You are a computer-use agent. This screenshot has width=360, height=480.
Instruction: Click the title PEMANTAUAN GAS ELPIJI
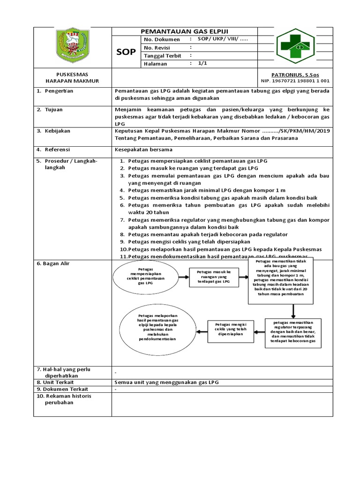pyautogui.click(x=185, y=30)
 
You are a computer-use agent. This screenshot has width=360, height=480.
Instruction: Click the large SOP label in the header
pyautogui.click(x=126, y=52)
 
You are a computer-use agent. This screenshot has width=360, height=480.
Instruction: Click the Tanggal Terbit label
pyautogui.click(x=163, y=56)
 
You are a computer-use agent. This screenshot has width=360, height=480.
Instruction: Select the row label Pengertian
pyautogui.click(x=59, y=91)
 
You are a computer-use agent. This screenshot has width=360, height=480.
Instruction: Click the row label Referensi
pyautogui.click(x=58, y=150)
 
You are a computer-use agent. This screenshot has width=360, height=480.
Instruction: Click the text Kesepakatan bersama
pyautogui.click(x=144, y=150)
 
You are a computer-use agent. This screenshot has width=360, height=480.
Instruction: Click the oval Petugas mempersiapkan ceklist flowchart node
pyautogui.click(x=146, y=277)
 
